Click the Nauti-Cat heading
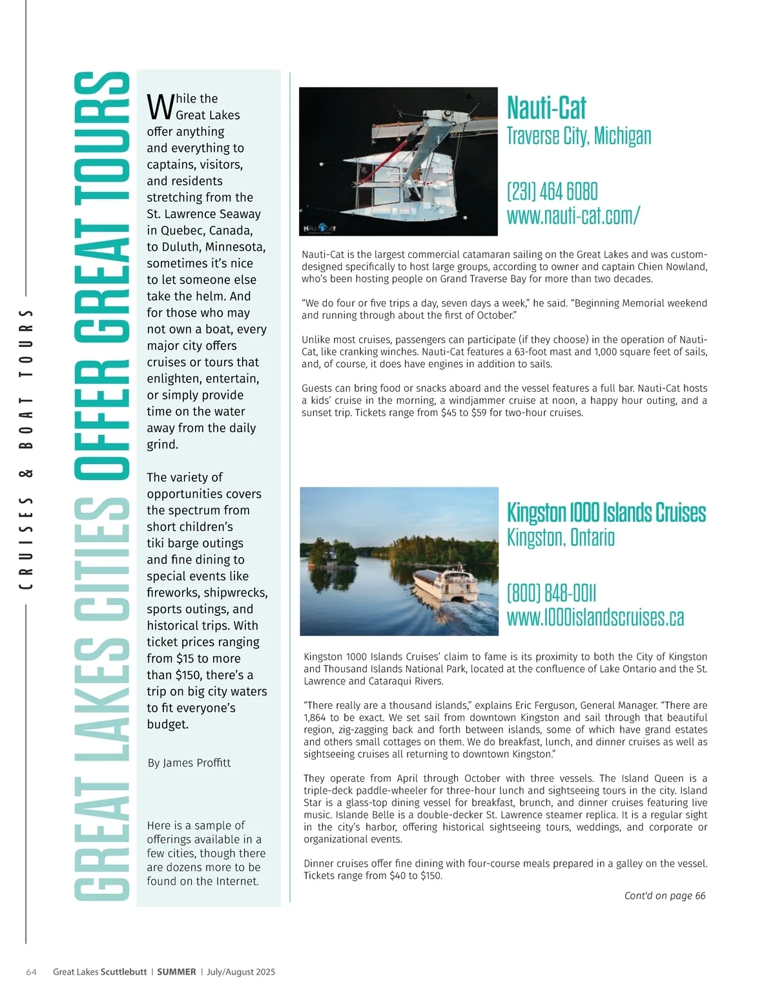pyautogui.click(x=546, y=108)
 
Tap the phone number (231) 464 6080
pyautogui.click(x=552, y=191)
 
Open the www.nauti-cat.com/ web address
pyautogui.click(x=573, y=215)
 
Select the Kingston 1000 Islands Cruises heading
pyautogui.click(x=606, y=512)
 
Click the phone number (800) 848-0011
pyautogui.click(x=552, y=593)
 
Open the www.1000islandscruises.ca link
pyautogui.click(x=595, y=617)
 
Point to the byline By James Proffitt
pyautogui.click(x=189, y=763)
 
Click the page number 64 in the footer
pyautogui.click(x=31, y=972)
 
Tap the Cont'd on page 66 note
pyautogui.click(x=665, y=896)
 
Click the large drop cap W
pyautogui.click(x=160, y=107)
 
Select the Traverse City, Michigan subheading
pyautogui.click(x=579, y=136)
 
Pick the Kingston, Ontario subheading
pyautogui.click(x=561, y=537)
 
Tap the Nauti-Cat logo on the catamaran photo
pyautogui.click(x=320, y=228)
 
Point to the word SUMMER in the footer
pyautogui.click(x=176, y=972)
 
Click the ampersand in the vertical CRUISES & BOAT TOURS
pyautogui.click(x=26, y=474)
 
